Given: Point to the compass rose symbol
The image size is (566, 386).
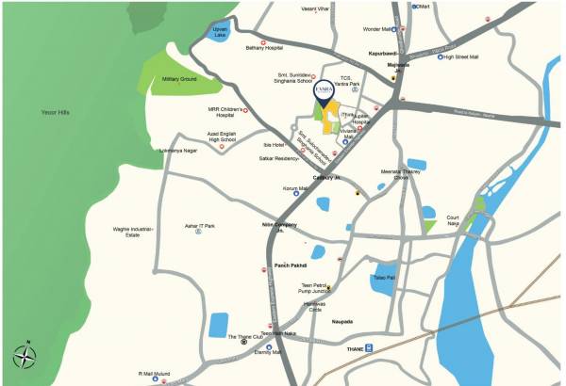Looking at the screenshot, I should tap(25, 357).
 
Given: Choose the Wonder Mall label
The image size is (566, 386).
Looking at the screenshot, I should tap(377, 29).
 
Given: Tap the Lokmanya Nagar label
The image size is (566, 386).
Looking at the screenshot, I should tap(177, 150).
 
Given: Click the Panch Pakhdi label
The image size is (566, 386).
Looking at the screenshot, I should tap(291, 265).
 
